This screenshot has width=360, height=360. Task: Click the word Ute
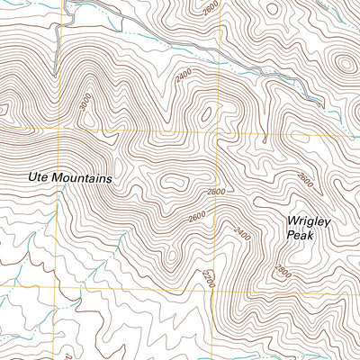coord(37,179)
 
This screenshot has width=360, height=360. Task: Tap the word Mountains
coord(81,179)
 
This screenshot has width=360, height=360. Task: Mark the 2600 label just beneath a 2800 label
coord(198,219)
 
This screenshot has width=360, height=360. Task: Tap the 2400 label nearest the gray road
coord(184,79)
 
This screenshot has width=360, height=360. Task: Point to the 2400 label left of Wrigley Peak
coord(239,232)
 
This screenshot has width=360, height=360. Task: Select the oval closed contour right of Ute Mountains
coord(171,181)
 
